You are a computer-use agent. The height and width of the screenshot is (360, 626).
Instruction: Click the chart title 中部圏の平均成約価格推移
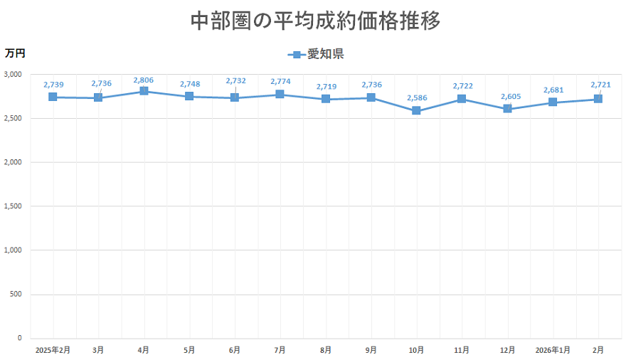click(x=316, y=21)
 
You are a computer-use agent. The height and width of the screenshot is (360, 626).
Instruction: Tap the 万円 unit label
click(x=15, y=53)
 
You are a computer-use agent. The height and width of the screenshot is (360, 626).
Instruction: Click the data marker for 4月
click(x=144, y=91)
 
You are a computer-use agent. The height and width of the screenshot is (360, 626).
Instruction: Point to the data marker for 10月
click(x=416, y=111)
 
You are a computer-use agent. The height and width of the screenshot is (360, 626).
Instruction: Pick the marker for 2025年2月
click(x=53, y=97)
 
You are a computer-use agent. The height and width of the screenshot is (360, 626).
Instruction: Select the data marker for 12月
click(x=507, y=109)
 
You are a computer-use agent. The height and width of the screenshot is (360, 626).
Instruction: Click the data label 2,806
click(x=144, y=80)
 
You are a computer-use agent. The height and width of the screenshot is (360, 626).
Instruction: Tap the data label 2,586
click(x=417, y=97)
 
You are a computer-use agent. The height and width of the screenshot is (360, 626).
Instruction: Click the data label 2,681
click(x=553, y=90)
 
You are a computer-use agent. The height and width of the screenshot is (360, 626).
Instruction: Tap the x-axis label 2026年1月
click(x=553, y=350)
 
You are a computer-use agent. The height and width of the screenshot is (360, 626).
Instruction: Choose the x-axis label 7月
click(x=280, y=350)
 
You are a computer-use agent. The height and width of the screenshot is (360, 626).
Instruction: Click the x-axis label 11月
click(x=462, y=350)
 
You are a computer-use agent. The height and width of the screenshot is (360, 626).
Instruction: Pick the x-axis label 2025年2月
click(x=53, y=350)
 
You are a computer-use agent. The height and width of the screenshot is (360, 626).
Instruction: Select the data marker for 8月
click(x=326, y=99)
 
